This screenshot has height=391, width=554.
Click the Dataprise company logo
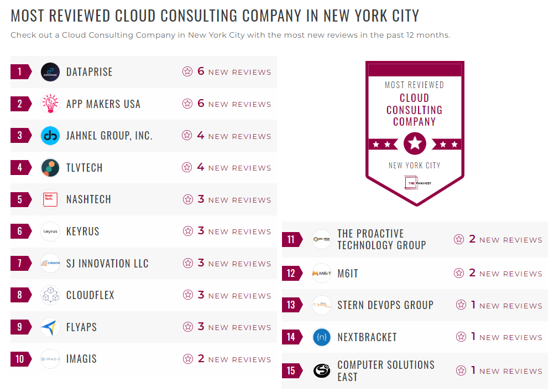[x=50, y=72]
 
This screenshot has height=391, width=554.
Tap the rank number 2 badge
[x=20, y=104]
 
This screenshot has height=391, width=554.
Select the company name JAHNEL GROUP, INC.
[x=109, y=136]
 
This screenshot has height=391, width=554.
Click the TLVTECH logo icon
[x=50, y=168]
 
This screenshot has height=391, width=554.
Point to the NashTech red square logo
[x=50, y=200]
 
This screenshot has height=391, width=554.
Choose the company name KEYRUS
[x=83, y=231]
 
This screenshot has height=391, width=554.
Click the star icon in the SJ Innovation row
[x=187, y=264]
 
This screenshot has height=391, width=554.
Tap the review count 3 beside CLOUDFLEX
[x=201, y=295]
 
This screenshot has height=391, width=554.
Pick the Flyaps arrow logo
[x=50, y=327]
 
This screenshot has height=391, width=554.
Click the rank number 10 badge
[x=20, y=359]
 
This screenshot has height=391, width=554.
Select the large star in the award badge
[x=415, y=145]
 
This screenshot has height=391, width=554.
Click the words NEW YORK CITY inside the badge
[x=415, y=165]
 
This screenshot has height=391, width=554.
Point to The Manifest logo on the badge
[x=415, y=182]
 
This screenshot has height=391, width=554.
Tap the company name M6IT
[x=348, y=274]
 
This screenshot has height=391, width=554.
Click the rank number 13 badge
[x=291, y=305]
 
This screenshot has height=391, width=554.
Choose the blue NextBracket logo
[x=322, y=337]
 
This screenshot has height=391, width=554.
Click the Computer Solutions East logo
[x=322, y=371]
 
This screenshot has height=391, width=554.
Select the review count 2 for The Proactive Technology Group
[x=472, y=239]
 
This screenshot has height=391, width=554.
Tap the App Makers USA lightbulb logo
[x=50, y=104]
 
